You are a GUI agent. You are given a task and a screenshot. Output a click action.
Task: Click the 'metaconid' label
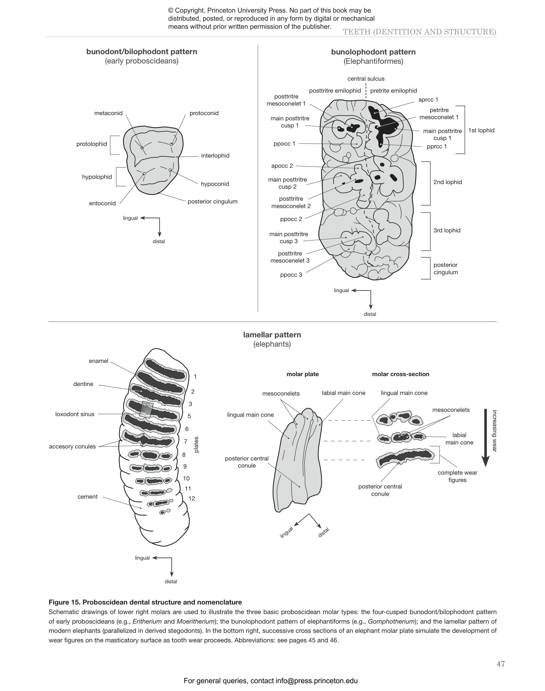[x=108, y=113]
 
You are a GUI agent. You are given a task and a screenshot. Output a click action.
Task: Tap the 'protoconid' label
[x=204, y=113]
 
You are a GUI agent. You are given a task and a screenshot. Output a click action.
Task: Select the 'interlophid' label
[x=215, y=155]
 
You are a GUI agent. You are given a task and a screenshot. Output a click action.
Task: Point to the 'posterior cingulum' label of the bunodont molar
[x=212, y=202]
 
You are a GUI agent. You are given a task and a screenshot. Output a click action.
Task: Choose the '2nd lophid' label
[x=448, y=182]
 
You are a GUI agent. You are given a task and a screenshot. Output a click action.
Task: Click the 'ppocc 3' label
[x=291, y=275]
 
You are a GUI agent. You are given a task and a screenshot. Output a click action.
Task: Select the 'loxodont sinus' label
[x=75, y=414]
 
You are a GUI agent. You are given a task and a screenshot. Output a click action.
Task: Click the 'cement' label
[x=87, y=496]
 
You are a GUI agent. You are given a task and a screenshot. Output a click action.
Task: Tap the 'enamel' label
[x=98, y=361]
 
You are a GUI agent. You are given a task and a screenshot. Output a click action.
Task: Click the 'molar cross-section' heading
[x=400, y=374]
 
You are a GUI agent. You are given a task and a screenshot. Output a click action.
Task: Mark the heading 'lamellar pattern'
[x=272, y=335]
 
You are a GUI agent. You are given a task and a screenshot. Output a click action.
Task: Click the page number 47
[x=500, y=664]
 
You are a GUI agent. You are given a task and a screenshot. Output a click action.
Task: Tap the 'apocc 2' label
[x=282, y=166]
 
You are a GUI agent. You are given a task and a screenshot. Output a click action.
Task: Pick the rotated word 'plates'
[x=196, y=444]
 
